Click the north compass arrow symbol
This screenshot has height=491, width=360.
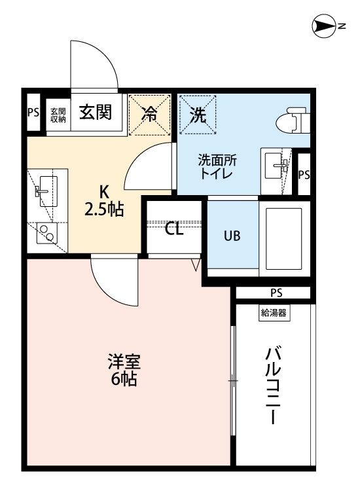(323, 26)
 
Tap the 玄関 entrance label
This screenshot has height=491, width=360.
(96, 113)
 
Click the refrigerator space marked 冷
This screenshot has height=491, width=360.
(151, 116)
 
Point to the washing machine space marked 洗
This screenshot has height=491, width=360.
(198, 116)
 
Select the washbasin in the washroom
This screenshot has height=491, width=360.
(275, 167)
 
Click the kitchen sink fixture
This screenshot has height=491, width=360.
(46, 191)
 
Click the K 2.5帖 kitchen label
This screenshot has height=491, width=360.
(104, 200)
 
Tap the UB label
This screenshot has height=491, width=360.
(232, 236)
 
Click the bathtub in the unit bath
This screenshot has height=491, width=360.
(283, 238)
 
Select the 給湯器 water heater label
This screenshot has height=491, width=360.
(274, 312)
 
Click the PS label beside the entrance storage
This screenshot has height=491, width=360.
(33, 113)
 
